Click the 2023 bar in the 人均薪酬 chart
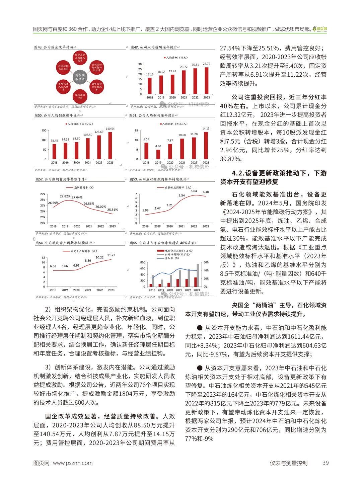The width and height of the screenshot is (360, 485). pyautogui.click(x=207, y=81)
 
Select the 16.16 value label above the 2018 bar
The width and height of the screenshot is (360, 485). pyautogui.click(x=150, y=74)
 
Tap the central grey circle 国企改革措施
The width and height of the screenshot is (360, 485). pyautogui.click(x=80, y=77)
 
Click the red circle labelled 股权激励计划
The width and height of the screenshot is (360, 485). pyautogui.click(x=80, y=96)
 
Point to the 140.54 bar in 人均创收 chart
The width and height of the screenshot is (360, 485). pyautogui.click(x=110, y=145)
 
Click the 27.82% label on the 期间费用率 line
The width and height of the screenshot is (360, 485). pyautogui.click(x=65, y=196)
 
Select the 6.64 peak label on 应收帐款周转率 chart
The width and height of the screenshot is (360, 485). pyautogui.click(x=194, y=191)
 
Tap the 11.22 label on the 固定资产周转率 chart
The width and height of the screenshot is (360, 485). pyautogui.click(x=111, y=255)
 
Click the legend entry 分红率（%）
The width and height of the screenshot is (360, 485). pyautogui.click(x=172, y=258)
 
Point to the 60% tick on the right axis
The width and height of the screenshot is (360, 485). pyautogui.click(x=206, y=262)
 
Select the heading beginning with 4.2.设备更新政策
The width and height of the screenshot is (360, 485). pyautogui.click(x=273, y=177)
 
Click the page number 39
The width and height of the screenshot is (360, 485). pyautogui.click(x=326, y=463)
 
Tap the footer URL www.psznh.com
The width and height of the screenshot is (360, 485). pyautogui.click(x=73, y=463)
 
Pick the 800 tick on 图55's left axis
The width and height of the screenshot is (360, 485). pyautogui.click(x=143, y=262)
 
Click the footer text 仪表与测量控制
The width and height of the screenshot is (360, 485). pyautogui.click(x=288, y=463)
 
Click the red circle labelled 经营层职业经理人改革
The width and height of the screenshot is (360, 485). pyautogui.click(x=80, y=58)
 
